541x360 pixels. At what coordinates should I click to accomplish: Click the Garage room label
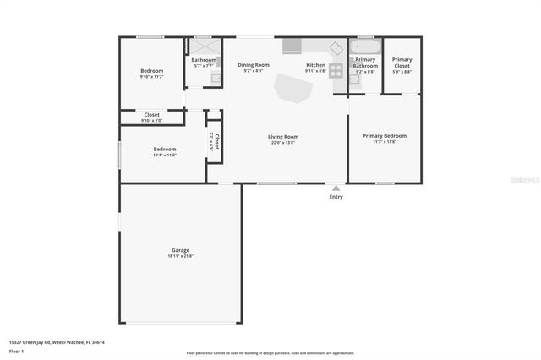point(180,249)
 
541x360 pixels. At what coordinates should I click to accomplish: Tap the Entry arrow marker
point(336,188)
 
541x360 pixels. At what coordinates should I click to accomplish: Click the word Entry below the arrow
point(336,198)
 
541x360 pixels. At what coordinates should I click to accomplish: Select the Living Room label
point(283,136)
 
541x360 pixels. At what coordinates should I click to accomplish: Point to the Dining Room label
point(253,65)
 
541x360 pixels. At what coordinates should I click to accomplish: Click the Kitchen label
point(315,65)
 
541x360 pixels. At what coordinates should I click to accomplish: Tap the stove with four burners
point(336,71)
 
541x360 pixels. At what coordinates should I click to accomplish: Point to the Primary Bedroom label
point(384,136)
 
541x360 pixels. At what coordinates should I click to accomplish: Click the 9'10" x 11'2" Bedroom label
point(151,70)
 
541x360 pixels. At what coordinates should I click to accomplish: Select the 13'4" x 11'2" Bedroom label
point(164,150)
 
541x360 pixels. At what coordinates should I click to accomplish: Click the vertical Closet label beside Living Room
point(216,141)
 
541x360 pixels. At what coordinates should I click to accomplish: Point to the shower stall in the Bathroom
point(203,46)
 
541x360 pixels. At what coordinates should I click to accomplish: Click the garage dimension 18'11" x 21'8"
point(180,255)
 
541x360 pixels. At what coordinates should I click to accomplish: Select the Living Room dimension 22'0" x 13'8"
point(283,143)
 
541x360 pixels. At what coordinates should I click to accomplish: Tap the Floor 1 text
point(17,351)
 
